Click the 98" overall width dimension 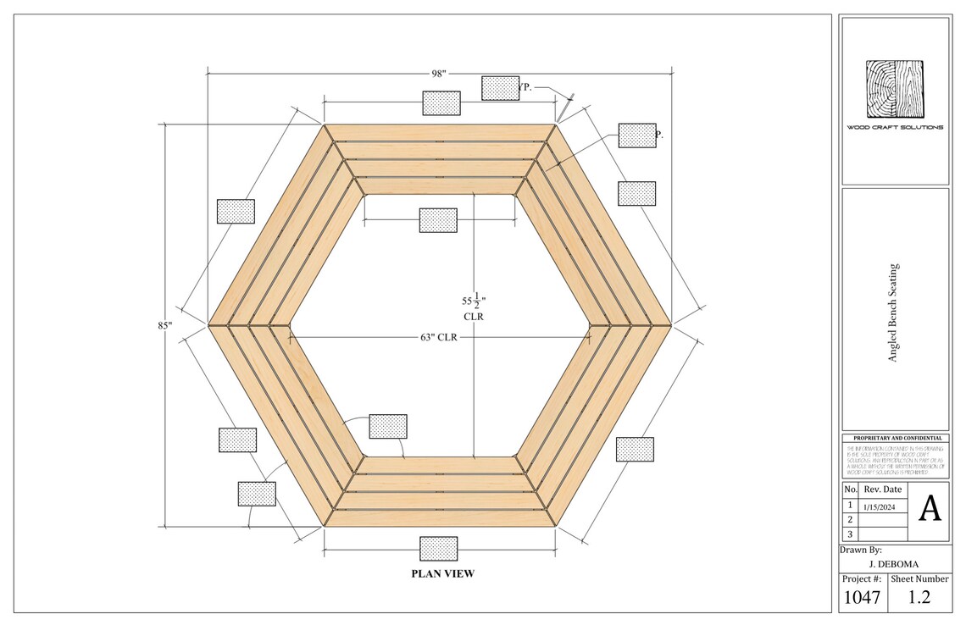tap(438, 74)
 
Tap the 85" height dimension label tap(164, 324)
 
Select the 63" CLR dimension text tap(438, 337)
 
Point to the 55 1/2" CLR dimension tap(473, 307)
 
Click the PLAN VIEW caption tap(442, 573)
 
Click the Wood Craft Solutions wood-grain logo tap(894, 89)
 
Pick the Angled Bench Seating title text tap(892, 312)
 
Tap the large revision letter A tap(930, 509)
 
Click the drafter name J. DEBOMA tap(895, 564)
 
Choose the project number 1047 tap(862, 599)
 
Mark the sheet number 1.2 tap(919, 598)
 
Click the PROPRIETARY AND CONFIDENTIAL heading tap(895, 438)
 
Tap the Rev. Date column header tap(882, 489)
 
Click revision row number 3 tap(850, 534)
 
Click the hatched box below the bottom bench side tap(438, 548)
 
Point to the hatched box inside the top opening tap(438, 220)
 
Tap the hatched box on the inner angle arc tap(388, 426)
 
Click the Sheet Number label tap(919, 579)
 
